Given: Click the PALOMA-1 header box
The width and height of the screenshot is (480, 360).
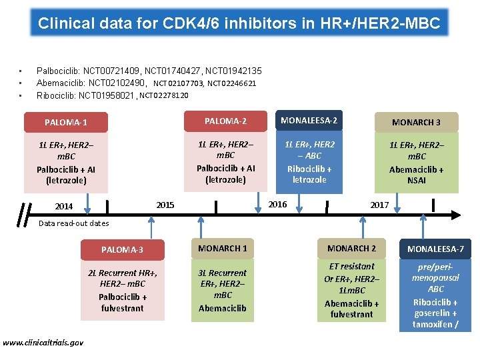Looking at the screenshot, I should (66, 123).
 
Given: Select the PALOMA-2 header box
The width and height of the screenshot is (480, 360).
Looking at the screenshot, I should (225, 121).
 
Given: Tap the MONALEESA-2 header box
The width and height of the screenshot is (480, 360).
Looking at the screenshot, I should (309, 121).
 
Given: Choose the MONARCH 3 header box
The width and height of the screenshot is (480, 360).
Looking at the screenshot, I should (416, 122).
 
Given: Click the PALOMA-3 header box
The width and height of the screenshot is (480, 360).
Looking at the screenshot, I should (122, 250).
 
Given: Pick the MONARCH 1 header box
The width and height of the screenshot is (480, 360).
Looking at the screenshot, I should (223, 249).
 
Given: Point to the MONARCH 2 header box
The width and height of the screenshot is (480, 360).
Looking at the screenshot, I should (351, 249).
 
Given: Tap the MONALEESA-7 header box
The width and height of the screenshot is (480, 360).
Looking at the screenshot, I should (436, 249).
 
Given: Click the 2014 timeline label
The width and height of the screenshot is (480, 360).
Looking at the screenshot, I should (64, 207).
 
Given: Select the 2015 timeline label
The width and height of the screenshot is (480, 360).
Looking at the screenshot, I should (165, 205).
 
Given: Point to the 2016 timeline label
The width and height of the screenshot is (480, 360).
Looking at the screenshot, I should (277, 204).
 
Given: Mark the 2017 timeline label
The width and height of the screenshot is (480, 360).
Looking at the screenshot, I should (379, 205).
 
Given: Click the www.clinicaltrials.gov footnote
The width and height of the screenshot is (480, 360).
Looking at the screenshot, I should (43, 342).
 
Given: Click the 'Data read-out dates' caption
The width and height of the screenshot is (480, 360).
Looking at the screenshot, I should (73, 223).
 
